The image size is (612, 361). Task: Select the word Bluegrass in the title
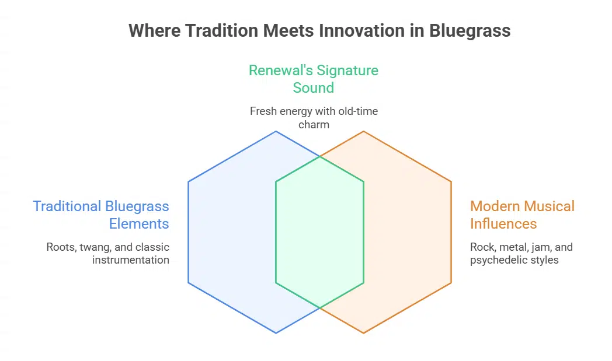coord(470,30)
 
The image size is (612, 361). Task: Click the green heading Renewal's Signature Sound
coord(314,79)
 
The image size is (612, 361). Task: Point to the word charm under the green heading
coord(314,124)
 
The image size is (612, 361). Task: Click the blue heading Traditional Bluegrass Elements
coord(101,215)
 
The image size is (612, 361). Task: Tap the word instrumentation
coord(131,260)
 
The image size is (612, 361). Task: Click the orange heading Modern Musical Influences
coord(522,215)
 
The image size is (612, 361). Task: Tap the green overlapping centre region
coord(319,232)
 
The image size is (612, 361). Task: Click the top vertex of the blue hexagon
coord(276,131)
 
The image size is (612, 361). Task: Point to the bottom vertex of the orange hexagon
coord(364,333)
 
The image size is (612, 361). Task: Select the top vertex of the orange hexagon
coord(364,131)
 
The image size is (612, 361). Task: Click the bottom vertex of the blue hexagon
coord(276,333)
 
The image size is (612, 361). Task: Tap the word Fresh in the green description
coord(263,111)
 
